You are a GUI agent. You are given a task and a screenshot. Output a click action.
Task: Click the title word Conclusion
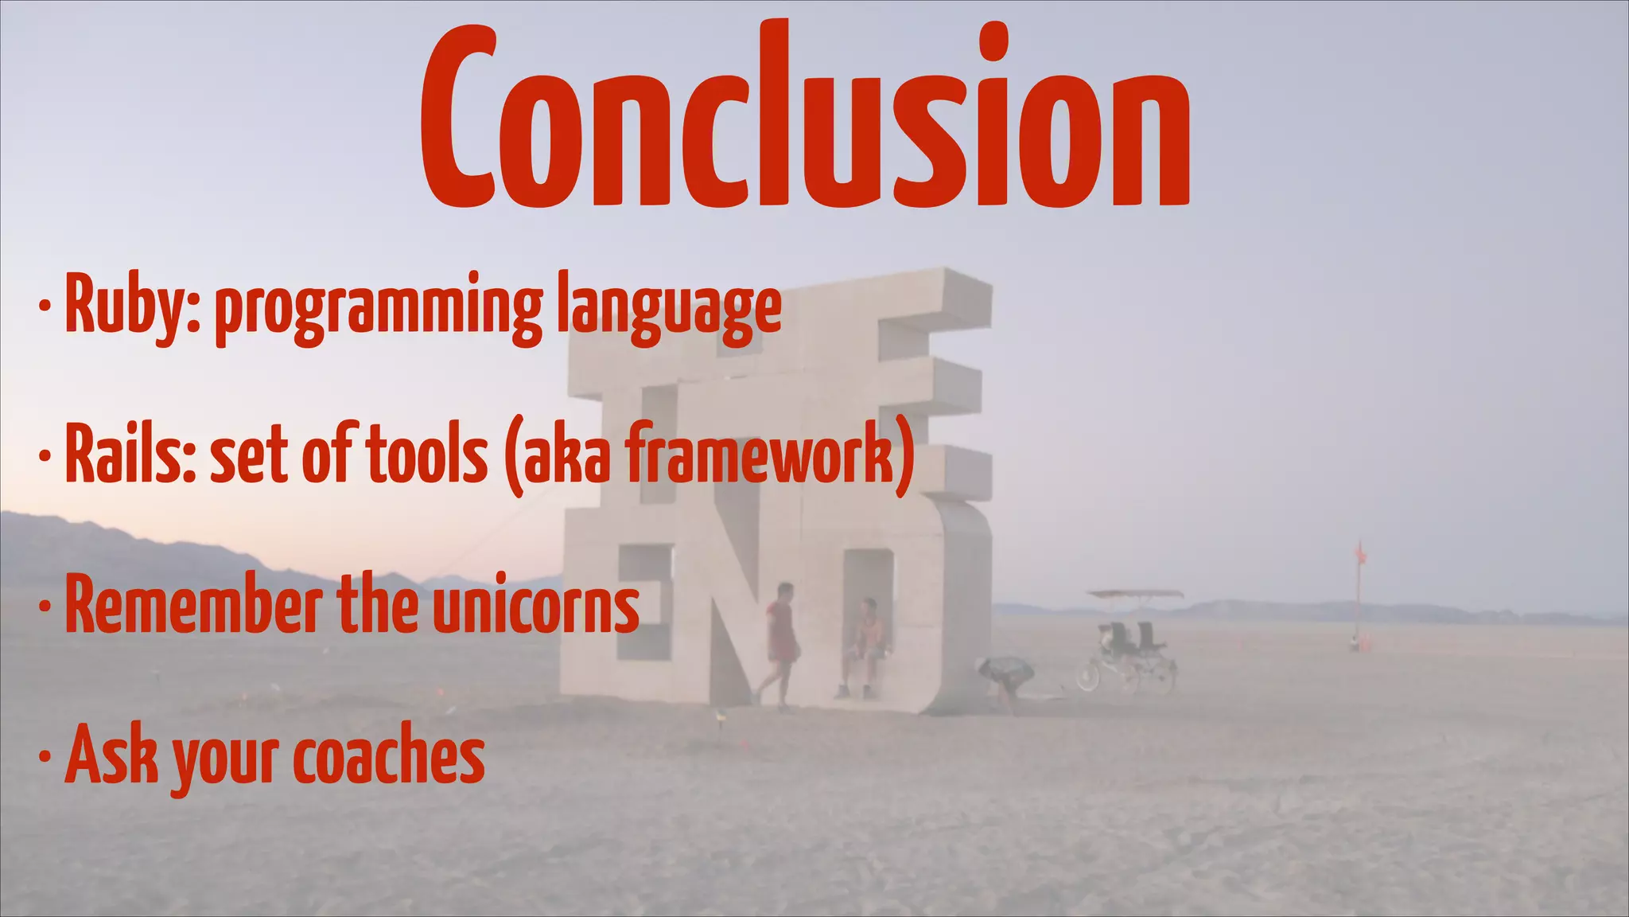(805, 119)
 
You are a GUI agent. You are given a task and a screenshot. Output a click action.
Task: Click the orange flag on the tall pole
(1359, 553)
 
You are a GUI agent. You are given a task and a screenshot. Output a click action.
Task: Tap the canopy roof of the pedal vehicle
(1136, 594)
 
